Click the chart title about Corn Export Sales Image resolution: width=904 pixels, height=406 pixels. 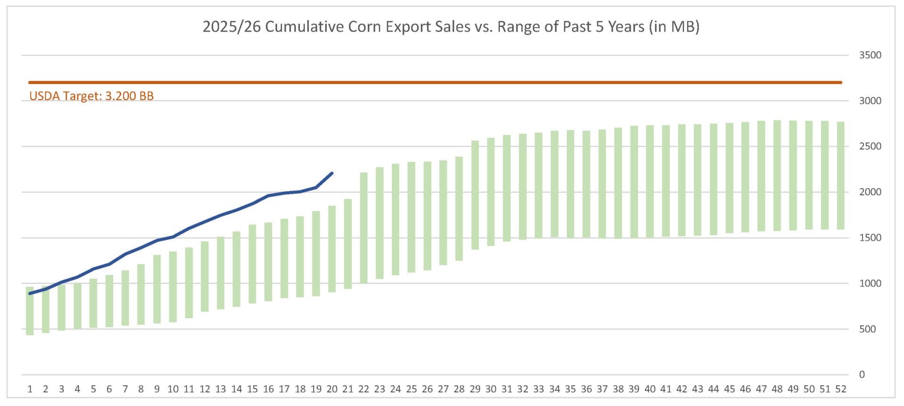[x=451, y=26]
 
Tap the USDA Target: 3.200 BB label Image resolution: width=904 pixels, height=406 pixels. [x=91, y=96]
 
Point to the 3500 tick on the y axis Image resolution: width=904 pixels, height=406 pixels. [x=870, y=55]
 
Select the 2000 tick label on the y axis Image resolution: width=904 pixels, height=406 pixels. [x=870, y=192]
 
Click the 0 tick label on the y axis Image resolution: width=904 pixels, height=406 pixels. [x=862, y=374]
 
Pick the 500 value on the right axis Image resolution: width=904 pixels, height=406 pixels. [x=867, y=329]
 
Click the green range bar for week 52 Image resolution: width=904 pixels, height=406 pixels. [x=840, y=175]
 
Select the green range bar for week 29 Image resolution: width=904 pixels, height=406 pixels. [x=475, y=195]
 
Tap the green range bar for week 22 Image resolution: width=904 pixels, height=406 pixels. [x=363, y=228]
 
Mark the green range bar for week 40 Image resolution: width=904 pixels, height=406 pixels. [x=650, y=182]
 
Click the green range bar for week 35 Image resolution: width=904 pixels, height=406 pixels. [x=570, y=184]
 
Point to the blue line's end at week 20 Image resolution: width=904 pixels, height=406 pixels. [x=332, y=174]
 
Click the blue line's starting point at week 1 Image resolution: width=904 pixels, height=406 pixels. [x=30, y=293]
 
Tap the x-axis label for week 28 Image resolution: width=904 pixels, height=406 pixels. [x=459, y=389]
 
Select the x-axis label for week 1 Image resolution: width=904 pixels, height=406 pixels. [x=30, y=389]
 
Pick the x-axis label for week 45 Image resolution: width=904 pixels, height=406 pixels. [x=729, y=389]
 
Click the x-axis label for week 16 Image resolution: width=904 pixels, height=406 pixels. [x=268, y=389]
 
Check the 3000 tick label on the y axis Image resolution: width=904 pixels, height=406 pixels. [x=870, y=101]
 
